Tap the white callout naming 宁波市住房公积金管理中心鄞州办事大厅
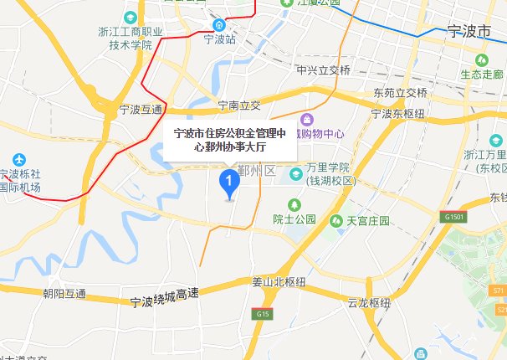pyautogui.click(x=229, y=140)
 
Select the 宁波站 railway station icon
pyautogui.click(x=218, y=25)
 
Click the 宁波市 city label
pyautogui.click(x=467, y=32)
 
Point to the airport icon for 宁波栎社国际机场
pyautogui.click(x=19, y=159)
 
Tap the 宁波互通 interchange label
pyautogui.click(x=141, y=109)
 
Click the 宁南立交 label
pyautogui.click(x=239, y=105)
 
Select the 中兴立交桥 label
pyautogui.click(x=322, y=70)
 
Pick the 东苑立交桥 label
pyautogui.click(x=400, y=92)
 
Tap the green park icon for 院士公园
pyautogui.click(x=294, y=204)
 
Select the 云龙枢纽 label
pyautogui.click(x=369, y=302)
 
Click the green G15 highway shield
pyautogui.click(x=262, y=313)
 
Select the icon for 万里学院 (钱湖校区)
pyautogui.click(x=296, y=174)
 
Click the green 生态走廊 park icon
pyautogui.click(x=482, y=61)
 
